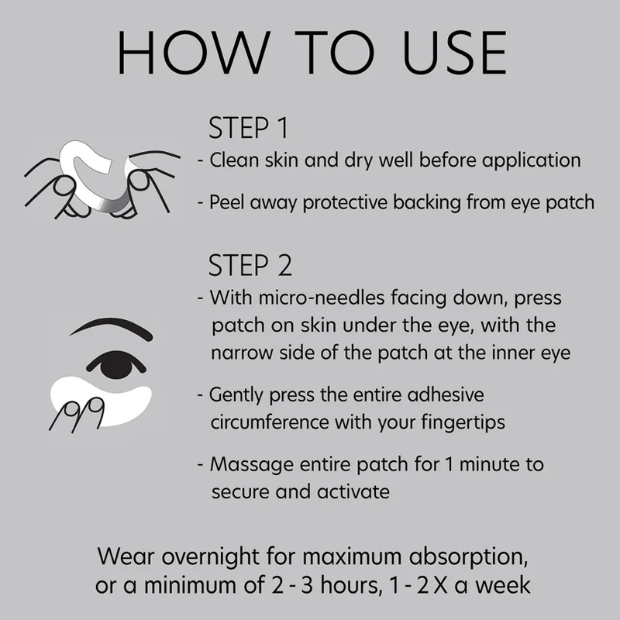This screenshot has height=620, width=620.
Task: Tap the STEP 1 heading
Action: pos(248,128)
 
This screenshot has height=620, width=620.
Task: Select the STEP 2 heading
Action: pos(250,265)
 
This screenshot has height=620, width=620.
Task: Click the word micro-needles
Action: pos(322,298)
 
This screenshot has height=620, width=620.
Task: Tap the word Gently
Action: pos(236,395)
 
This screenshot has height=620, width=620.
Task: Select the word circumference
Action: pos(269,422)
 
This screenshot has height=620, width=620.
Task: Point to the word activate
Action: pos(353,491)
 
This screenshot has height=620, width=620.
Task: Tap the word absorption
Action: pos(468,557)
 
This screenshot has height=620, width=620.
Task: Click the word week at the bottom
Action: pos(502,585)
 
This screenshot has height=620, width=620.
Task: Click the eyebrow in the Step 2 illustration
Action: pos(111,327)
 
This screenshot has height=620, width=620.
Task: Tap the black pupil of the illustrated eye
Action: pos(116,364)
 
